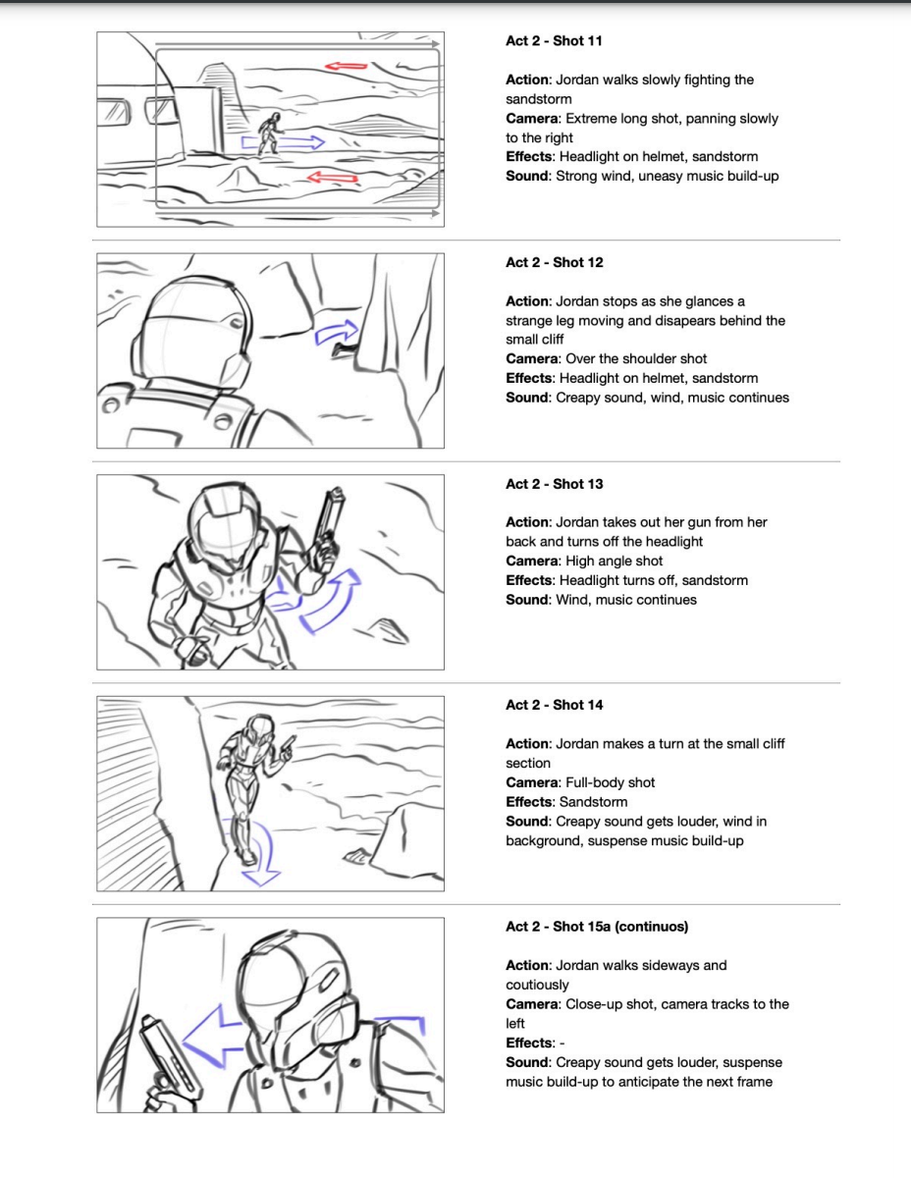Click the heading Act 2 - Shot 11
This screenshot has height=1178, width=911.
coord(554,41)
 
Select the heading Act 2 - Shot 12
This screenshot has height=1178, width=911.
coord(554,262)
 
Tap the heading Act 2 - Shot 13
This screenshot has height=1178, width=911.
coord(554,484)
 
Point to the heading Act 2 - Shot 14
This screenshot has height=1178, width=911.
coord(554,705)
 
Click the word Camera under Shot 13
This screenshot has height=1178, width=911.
coord(532,562)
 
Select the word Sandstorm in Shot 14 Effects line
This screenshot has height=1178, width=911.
coord(593,802)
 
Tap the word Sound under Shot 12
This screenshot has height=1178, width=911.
coord(526,398)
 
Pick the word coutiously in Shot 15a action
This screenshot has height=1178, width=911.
coord(537,985)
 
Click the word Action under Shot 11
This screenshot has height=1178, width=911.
coord(528,80)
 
